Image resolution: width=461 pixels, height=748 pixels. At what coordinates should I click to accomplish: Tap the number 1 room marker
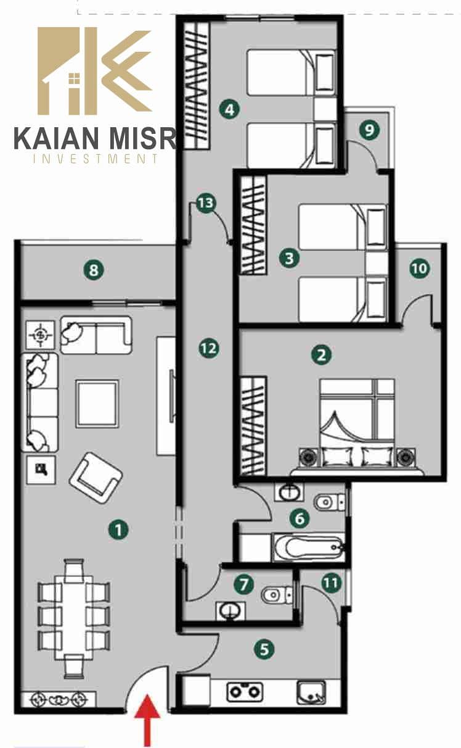[118, 530]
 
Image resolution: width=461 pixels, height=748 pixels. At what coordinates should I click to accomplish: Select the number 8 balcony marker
[94, 270]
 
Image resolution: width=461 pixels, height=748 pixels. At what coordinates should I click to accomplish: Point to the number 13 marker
[206, 203]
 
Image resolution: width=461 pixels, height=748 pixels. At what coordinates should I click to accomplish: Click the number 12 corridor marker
[209, 349]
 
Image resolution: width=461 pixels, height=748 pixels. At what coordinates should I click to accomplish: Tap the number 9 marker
[369, 130]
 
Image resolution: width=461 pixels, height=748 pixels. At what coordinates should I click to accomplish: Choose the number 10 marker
[419, 268]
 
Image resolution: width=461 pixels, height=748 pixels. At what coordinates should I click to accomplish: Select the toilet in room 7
[277, 594]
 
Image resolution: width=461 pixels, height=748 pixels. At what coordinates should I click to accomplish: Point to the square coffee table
[97, 404]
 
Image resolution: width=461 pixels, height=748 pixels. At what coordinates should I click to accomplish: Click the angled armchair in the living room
[96, 478]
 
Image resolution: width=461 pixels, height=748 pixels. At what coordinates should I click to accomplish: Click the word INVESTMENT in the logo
[96, 158]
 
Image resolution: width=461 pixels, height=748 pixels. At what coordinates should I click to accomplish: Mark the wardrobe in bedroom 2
[253, 426]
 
